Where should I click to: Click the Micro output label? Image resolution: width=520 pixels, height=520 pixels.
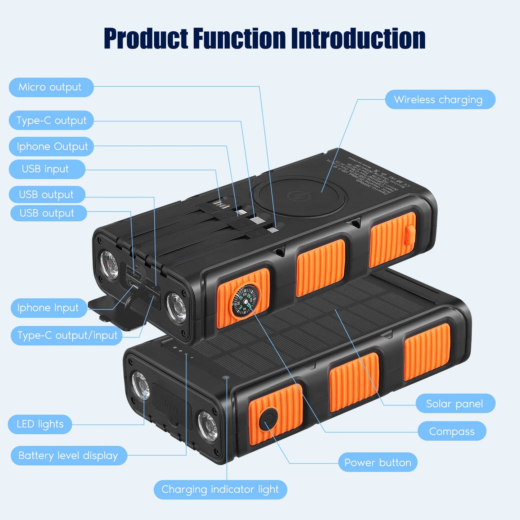click(51, 87)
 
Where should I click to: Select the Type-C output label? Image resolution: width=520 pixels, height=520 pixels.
click(51, 121)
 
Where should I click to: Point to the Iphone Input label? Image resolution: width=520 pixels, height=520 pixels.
click(49, 308)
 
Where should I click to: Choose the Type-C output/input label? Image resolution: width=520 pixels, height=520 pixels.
click(67, 335)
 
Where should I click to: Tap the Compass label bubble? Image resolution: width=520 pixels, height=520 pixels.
click(452, 431)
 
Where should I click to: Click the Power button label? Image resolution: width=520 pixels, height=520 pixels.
click(378, 462)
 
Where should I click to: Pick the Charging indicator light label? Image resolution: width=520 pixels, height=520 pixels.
click(220, 489)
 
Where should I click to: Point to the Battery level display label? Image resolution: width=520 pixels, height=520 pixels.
click(68, 456)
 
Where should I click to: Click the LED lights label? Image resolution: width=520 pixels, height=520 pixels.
click(40, 424)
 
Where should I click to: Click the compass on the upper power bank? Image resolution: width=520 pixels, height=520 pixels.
click(244, 301)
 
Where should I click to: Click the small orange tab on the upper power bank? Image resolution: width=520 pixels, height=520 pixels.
click(410, 235)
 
